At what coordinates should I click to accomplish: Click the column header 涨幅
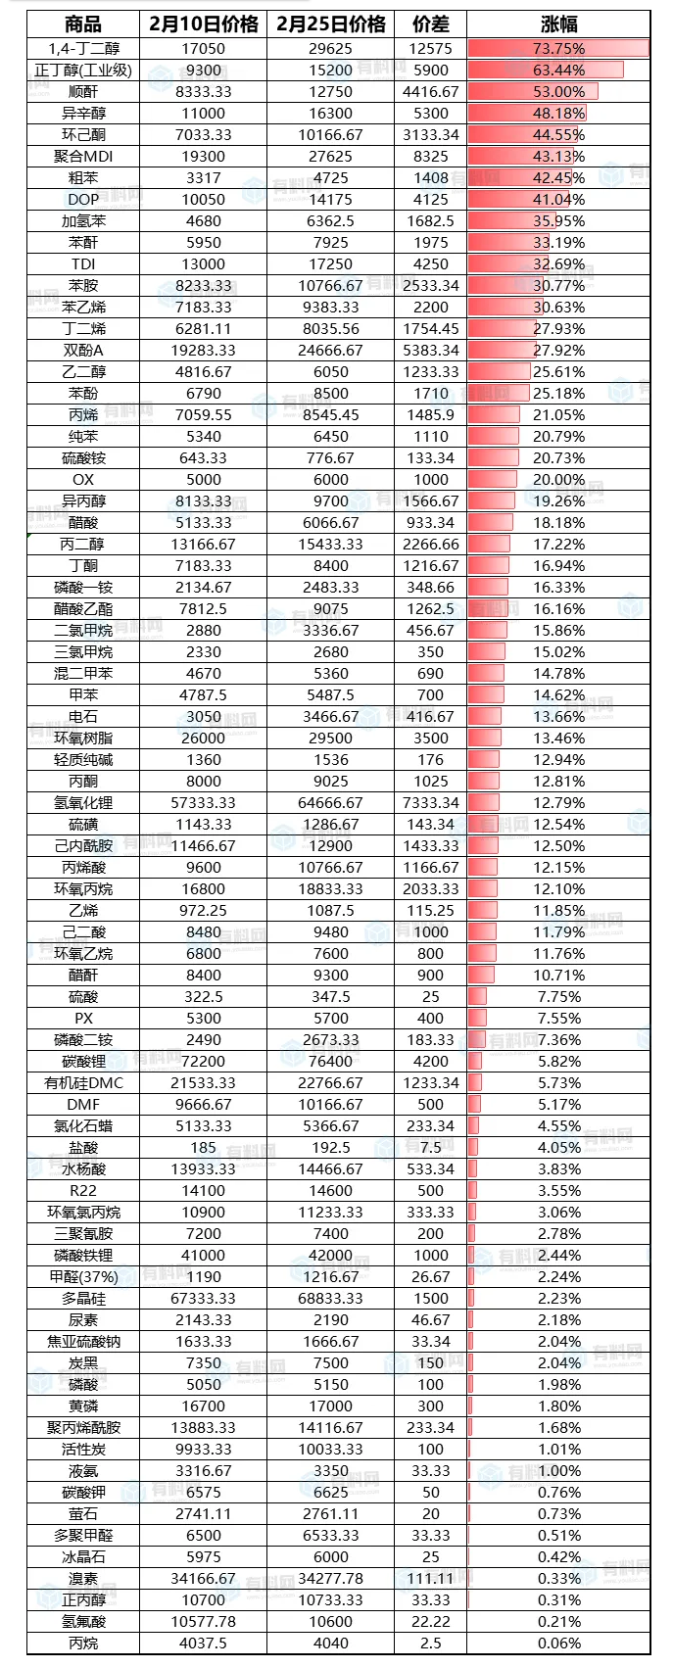coord(558,24)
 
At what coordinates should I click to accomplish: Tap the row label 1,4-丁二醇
coord(83,48)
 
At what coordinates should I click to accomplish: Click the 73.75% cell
coord(558,48)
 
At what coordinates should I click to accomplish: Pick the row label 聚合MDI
coord(83,156)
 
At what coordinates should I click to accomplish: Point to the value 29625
coord(331,48)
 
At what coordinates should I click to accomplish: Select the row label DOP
coord(83,199)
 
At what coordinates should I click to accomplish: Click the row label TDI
coord(83,263)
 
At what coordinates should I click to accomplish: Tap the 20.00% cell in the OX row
coord(558,480)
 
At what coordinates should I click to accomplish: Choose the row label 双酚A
coord(83,350)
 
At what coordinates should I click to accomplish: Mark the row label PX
coord(83,1019)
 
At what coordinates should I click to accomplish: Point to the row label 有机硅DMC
coord(83,1083)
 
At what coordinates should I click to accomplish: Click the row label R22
coord(83,1191)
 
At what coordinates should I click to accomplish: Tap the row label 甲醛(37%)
coord(83,1277)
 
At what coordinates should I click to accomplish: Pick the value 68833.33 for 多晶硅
coord(331,1299)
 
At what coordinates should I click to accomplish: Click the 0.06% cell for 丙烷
coord(558,1644)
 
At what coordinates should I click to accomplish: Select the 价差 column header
coord(430,24)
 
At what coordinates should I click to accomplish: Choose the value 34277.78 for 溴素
coord(331,1579)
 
